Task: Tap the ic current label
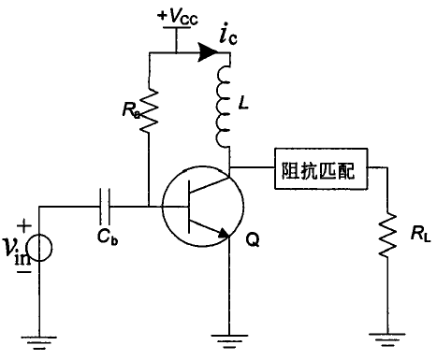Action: [227, 37]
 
